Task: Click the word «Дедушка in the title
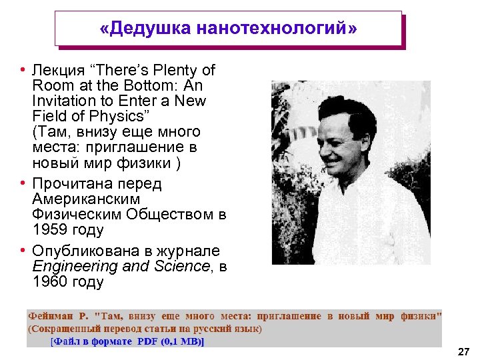pyautogui.click(x=143, y=29)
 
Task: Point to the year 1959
pyautogui.click(x=49, y=230)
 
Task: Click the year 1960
pyautogui.click(x=49, y=282)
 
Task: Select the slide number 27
pyautogui.click(x=464, y=350)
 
